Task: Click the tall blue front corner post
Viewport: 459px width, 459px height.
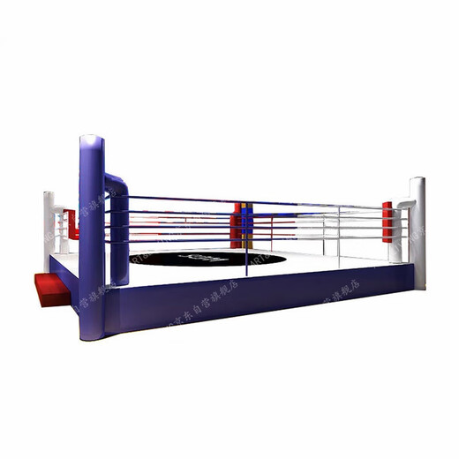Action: (91, 238)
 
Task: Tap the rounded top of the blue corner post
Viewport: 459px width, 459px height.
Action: (91, 140)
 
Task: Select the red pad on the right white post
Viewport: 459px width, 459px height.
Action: (388, 221)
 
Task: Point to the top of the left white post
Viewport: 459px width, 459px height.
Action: (49, 195)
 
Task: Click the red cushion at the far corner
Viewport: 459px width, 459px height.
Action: (237, 231)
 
